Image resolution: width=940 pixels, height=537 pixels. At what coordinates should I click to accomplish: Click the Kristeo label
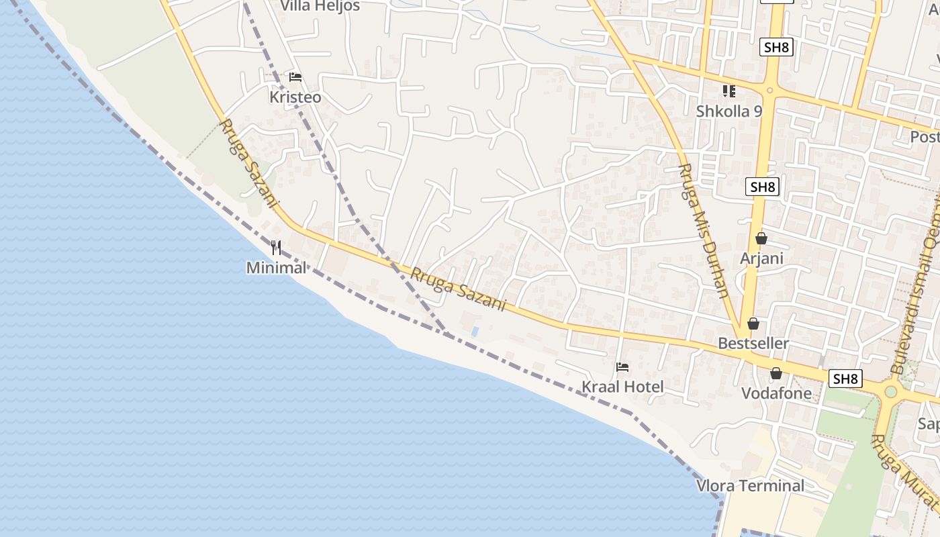[295, 97]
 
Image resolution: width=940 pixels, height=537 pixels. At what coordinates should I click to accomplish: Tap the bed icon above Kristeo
[295, 77]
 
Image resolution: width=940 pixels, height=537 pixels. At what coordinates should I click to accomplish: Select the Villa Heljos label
[320, 6]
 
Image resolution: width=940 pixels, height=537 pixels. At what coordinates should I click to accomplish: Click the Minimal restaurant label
[276, 268]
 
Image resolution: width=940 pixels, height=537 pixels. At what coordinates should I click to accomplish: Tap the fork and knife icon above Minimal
[276, 247]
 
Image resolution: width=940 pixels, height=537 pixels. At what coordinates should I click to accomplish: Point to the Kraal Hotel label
[622, 387]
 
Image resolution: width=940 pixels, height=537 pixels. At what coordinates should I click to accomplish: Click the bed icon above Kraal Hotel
[622, 367]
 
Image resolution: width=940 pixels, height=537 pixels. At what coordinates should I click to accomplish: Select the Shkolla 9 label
[729, 111]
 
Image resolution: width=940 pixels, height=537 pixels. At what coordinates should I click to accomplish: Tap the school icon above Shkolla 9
[729, 91]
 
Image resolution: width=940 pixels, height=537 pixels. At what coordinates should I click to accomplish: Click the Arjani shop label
[761, 258]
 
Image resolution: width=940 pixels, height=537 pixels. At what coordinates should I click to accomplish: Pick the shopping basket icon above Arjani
[761, 238]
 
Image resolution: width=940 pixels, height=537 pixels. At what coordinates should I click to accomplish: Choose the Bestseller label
[753, 344]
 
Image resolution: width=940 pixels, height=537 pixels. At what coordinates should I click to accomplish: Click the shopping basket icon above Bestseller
[753, 324]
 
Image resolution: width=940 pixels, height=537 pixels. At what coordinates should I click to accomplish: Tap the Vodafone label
[776, 393]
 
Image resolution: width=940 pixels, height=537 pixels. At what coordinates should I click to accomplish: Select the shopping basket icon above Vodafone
[776, 373]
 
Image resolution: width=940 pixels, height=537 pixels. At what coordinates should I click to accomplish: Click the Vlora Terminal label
[750, 486]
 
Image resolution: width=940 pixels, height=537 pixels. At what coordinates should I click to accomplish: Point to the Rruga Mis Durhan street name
[704, 230]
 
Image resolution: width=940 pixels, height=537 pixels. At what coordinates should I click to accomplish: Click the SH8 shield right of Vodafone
[845, 379]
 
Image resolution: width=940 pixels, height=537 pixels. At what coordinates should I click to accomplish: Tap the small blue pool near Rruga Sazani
[475, 332]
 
